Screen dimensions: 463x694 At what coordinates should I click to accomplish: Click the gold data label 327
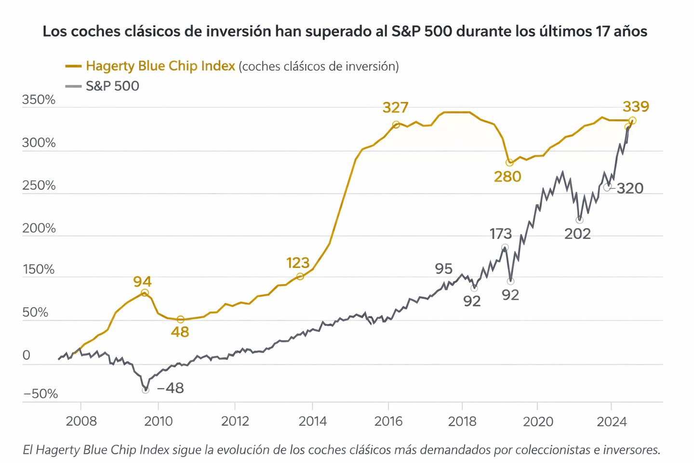[395, 108]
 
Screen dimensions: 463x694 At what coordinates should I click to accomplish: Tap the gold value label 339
[636, 107]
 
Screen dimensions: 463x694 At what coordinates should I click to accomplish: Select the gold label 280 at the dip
[507, 177]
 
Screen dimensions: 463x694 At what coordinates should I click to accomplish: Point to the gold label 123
[298, 263]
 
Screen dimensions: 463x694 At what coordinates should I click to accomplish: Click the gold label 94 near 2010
[142, 282]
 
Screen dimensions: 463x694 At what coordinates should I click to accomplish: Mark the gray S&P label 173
[501, 234]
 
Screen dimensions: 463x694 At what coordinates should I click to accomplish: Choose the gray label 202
[577, 234]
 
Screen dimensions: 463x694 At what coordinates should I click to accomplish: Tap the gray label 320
[629, 188]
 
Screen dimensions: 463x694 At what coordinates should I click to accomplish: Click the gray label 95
[443, 269]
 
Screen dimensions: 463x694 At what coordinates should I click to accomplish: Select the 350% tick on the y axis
[39, 100]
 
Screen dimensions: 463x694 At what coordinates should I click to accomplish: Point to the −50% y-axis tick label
[40, 394]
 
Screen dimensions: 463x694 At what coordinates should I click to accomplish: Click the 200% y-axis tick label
[39, 228]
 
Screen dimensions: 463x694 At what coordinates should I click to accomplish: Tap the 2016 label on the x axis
[388, 422]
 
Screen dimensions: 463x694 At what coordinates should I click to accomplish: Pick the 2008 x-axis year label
[81, 422]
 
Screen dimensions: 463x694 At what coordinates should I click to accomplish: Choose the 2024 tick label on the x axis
[612, 422]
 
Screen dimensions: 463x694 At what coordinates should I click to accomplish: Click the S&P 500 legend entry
[112, 86]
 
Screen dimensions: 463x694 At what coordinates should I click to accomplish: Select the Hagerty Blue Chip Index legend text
[160, 66]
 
